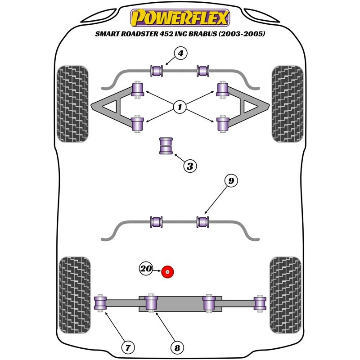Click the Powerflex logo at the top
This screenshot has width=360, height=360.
(x=180, y=18)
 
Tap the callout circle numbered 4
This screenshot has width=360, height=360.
(x=181, y=53)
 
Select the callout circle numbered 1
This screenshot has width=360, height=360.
(x=180, y=107)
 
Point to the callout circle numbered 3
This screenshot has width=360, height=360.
(x=190, y=166)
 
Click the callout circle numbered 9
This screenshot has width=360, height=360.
(x=231, y=181)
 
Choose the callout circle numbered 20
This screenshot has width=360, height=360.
(x=146, y=268)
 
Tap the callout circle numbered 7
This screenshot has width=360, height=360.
(x=128, y=347)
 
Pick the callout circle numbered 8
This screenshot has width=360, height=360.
(x=177, y=348)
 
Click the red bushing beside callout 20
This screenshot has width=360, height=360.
(x=167, y=272)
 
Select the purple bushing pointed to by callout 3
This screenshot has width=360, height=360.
(x=166, y=146)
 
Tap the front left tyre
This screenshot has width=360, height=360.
(x=72, y=104)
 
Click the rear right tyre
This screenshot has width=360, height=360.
(x=285, y=295)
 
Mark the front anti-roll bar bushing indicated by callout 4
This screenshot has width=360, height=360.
(x=157, y=71)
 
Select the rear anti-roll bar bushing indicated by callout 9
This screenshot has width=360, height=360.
(x=203, y=222)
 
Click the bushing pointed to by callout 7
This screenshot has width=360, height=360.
(x=100, y=303)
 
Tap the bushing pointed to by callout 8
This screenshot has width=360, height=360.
(x=151, y=303)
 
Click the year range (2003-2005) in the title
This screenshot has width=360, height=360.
(x=242, y=34)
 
